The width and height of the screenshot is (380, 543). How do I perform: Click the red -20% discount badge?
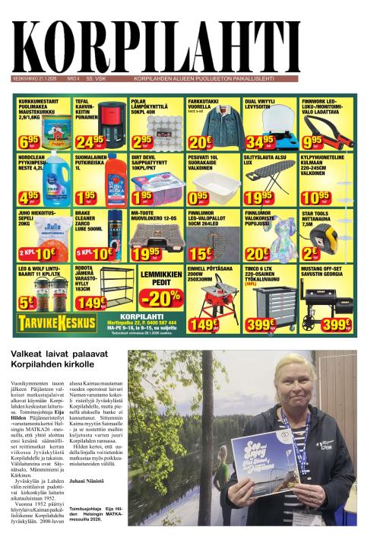pyautogui.click(x=161, y=297)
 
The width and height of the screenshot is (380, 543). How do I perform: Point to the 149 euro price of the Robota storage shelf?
pyautogui.click(x=91, y=303)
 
